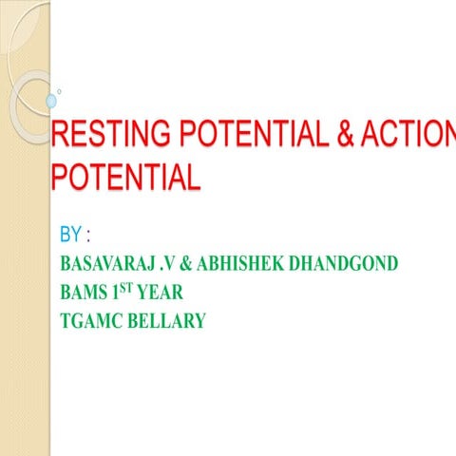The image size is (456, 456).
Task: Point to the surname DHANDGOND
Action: coord(348,263)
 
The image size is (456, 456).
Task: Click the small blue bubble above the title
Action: coord(51,100)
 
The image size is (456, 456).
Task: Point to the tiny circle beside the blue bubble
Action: coord(60,91)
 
